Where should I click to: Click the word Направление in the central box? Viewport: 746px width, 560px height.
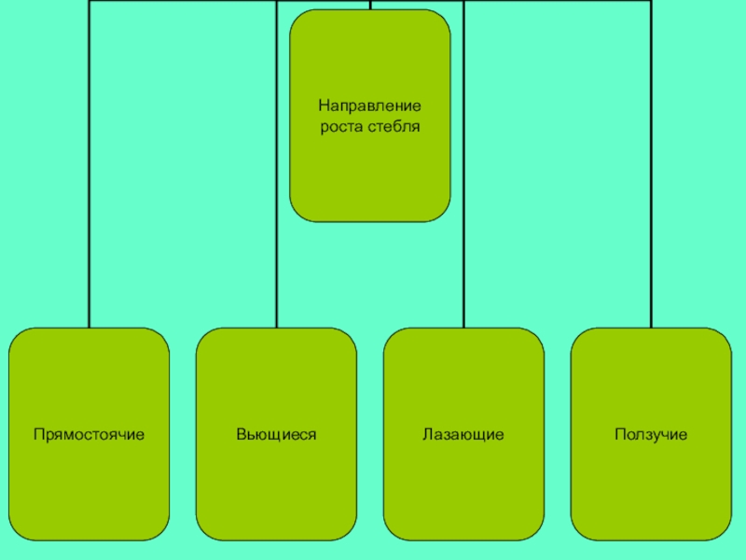(370, 107)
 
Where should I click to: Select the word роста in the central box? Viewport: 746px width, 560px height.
(340, 126)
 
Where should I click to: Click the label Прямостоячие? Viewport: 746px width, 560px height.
(89, 435)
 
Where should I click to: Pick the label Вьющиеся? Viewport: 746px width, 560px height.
(276, 435)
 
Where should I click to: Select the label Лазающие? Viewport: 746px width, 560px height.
(463, 435)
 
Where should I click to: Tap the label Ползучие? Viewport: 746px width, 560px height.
(650, 435)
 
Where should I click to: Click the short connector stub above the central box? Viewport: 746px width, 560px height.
(370, 5)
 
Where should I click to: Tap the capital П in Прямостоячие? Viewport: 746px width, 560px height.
(38, 435)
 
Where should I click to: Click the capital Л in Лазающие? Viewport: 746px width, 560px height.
(425, 435)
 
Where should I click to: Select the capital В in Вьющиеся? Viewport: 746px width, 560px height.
(240, 435)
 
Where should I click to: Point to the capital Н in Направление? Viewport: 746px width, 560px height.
(323, 107)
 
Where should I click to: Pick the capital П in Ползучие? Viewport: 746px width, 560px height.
(618, 435)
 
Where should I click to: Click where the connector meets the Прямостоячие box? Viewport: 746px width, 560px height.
(90, 328)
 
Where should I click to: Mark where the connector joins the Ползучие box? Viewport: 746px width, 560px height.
(651, 328)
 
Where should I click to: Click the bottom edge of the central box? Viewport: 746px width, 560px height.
(370, 221)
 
